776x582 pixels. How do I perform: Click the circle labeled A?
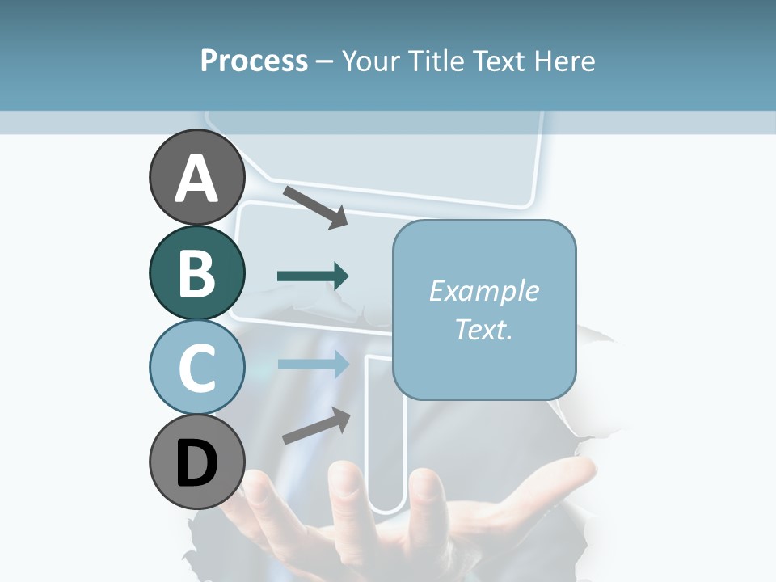[196, 177]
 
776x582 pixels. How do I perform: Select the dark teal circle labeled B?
[196, 272]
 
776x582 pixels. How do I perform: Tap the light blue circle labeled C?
[196, 367]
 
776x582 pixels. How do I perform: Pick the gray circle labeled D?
[196, 462]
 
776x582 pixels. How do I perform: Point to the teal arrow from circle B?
[313, 276]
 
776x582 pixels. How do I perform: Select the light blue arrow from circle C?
[313, 364]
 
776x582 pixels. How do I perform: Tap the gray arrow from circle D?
[316, 425]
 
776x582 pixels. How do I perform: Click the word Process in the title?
[254, 61]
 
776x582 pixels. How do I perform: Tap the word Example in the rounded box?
[483, 291]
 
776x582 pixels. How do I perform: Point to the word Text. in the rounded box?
[483, 329]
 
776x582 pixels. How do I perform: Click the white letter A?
[196, 179]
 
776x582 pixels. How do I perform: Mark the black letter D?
[196, 464]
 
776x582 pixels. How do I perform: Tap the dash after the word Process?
[324, 62]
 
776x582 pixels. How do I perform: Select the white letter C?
[196, 369]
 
